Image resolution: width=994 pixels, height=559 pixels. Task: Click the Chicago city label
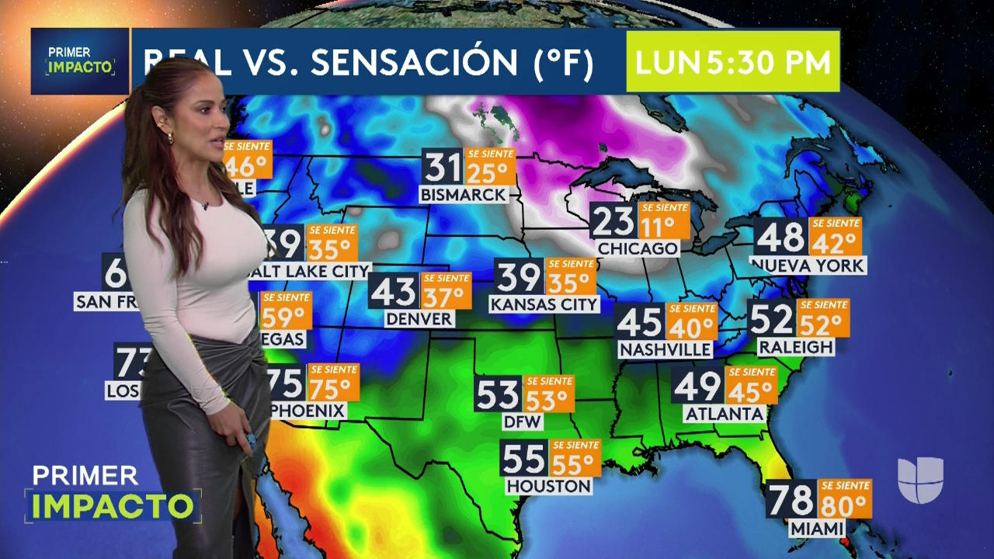[x=638, y=248]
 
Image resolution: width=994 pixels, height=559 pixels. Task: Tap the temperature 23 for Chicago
[x=613, y=221]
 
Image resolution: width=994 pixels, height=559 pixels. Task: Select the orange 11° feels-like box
[x=664, y=221]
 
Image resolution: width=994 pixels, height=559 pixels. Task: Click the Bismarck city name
[x=464, y=195]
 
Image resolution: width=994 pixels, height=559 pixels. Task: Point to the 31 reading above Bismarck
[x=443, y=167]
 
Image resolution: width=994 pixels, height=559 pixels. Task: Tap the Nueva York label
[x=808, y=266]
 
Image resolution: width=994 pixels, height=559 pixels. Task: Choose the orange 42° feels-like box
[x=835, y=237]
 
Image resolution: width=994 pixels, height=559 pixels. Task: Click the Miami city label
[x=816, y=529]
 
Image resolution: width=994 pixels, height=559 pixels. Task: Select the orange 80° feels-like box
[x=844, y=499]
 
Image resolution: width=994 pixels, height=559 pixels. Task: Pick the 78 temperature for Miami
[x=791, y=499]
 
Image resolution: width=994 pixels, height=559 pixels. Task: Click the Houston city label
[x=548, y=486]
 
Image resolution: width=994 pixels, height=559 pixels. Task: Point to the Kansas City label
[x=544, y=304]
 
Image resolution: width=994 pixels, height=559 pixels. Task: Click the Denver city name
[x=419, y=318]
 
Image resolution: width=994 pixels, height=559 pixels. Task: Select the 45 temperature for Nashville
[x=639, y=321]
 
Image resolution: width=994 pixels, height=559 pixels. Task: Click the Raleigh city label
[x=796, y=346]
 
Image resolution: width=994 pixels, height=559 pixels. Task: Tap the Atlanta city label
[x=725, y=414]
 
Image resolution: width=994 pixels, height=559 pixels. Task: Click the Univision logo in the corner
[x=920, y=479]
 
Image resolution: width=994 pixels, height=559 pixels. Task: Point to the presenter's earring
[x=170, y=137]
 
